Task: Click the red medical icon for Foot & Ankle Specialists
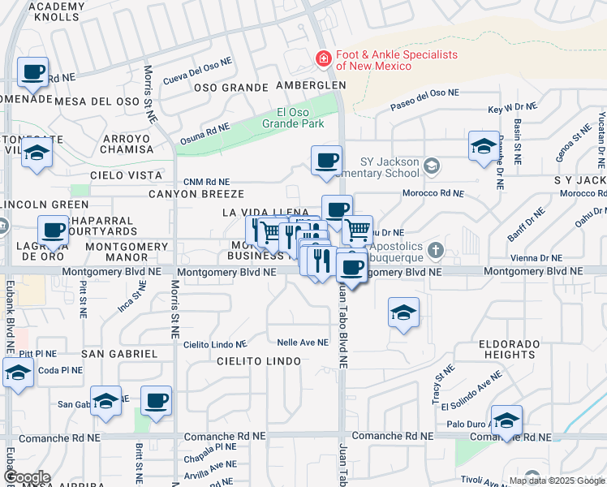[322, 59]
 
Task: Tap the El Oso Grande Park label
[293, 119]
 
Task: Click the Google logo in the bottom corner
[26, 477]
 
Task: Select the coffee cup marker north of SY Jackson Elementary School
[326, 160]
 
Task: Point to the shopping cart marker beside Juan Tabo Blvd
[356, 231]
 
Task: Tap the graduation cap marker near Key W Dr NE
[484, 147]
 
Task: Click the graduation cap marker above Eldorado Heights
[403, 313]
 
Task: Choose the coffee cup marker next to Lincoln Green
[54, 231]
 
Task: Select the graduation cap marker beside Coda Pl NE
[18, 374]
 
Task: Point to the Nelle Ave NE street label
[303, 343]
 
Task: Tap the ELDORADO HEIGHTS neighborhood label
[507, 349]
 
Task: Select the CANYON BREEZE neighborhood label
[196, 194]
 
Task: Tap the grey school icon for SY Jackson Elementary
[433, 166]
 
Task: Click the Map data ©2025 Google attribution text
[556, 481]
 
